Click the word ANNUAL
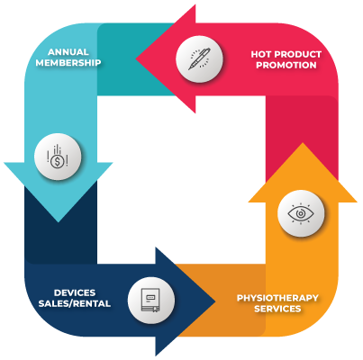pyautogui.click(x=68, y=52)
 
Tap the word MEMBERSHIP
pyautogui.click(x=68, y=63)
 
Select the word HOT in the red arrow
pyautogui.click(x=261, y=54)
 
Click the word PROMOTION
pyautogui.click(x=286, y=65)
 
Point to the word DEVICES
pyautogui.click(x=75, y=292)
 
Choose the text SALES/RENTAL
pyautogui.click(x=75, y=303)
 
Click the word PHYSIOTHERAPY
pyautogui.click(x=277, y=298)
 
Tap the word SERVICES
pyautogui.click(x=277, y=309)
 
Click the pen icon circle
pyautogui.click(x=199, y=59)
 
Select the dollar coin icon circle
pyautogui.click(x=58, y=157)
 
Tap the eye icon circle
pyautogui.click(x=301, y=213)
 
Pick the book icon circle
pyautogui.click(x=151, y=301)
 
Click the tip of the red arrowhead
pyautogui.click(x=136, y=58)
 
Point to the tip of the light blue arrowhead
pyautogui.click(x=59, y=221)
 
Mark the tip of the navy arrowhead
pyautogui.click(x=215, y=301)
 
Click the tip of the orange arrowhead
pyautogui.click(x=303, y=143)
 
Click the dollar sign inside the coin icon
pyautogui.click(x=57, y=162)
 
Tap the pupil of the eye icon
pyautogui.click(x=300, y=213)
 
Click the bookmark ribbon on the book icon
pyautogui.click(x=155, y=310)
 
